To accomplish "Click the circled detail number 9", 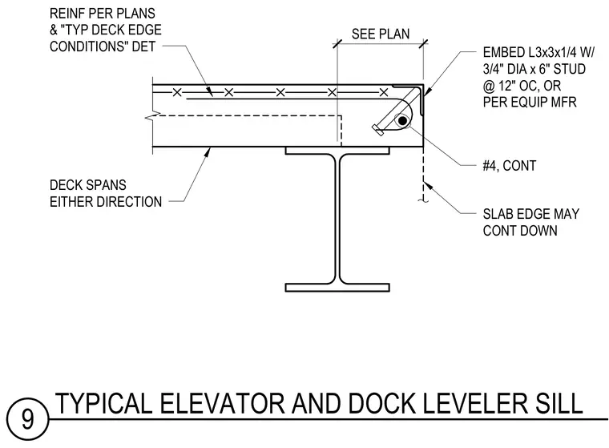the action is (27, 419).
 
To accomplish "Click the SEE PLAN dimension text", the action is (381, 34).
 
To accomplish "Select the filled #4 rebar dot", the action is (403, 121).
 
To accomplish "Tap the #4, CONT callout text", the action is (509, 166).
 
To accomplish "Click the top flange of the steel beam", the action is (337, 151).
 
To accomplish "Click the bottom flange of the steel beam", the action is (337, 288).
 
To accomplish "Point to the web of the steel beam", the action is (337, 219).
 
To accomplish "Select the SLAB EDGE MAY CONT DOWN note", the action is (531, 222).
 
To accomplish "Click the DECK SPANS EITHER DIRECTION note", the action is (106, 193).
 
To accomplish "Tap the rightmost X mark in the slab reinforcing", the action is (384, 92).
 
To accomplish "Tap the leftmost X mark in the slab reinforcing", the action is (177, 92).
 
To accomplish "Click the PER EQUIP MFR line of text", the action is (530, 102).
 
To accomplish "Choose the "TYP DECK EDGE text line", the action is (106, 30).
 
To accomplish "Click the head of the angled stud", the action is (377, 130).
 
